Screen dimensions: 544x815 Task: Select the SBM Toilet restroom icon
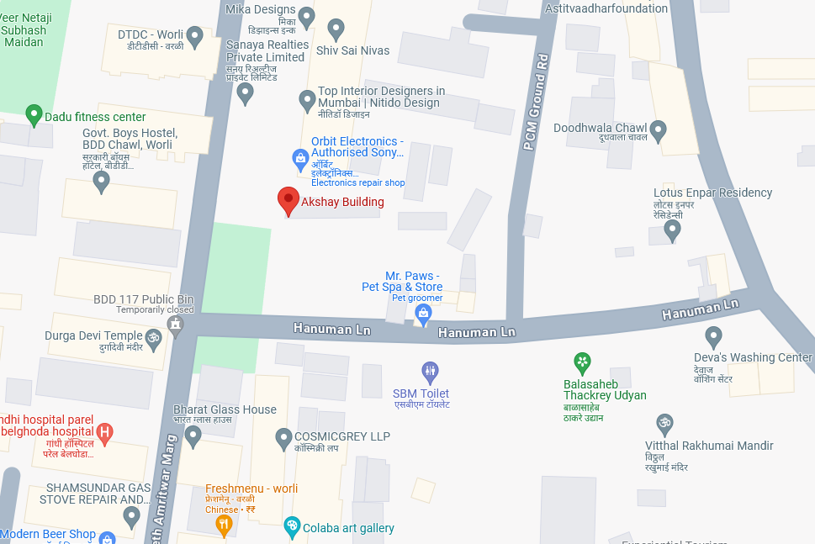[430, 371]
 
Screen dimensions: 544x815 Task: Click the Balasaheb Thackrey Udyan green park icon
[582, 362]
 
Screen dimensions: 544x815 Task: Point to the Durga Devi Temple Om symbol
[153, 339]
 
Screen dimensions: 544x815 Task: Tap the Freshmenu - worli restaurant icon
[224, 526]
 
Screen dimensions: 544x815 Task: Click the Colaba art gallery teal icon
[292, 527]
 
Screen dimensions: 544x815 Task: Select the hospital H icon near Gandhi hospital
[104, 433]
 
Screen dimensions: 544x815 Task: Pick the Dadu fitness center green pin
[34, 115]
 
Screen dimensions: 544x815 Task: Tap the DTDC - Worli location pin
[195, 37]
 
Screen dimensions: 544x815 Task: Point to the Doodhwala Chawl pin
[659, 130]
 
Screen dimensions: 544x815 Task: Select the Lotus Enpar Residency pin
[672, 230]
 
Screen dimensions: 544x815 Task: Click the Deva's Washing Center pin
[714, 337]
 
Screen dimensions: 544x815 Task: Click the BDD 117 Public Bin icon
[175, 325]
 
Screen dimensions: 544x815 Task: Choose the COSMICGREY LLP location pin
[284, 437]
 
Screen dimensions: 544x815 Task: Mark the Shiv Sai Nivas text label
[352, 50]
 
